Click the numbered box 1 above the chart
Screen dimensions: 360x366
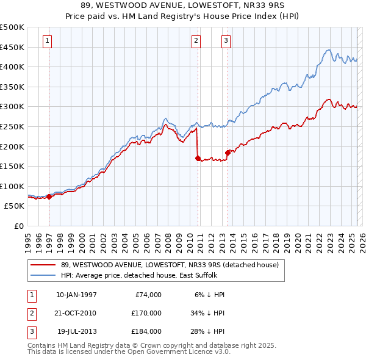[47, 41]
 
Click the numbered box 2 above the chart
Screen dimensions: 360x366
[196, 41]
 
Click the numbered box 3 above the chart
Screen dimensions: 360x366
[226, 41]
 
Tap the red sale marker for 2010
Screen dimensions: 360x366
[198, 158]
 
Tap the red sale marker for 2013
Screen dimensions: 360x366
[228, 153]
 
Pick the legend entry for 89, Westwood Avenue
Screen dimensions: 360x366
[170, 265]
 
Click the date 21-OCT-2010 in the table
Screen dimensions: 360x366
[76, 313]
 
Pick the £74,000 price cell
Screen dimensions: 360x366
[146, 295]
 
